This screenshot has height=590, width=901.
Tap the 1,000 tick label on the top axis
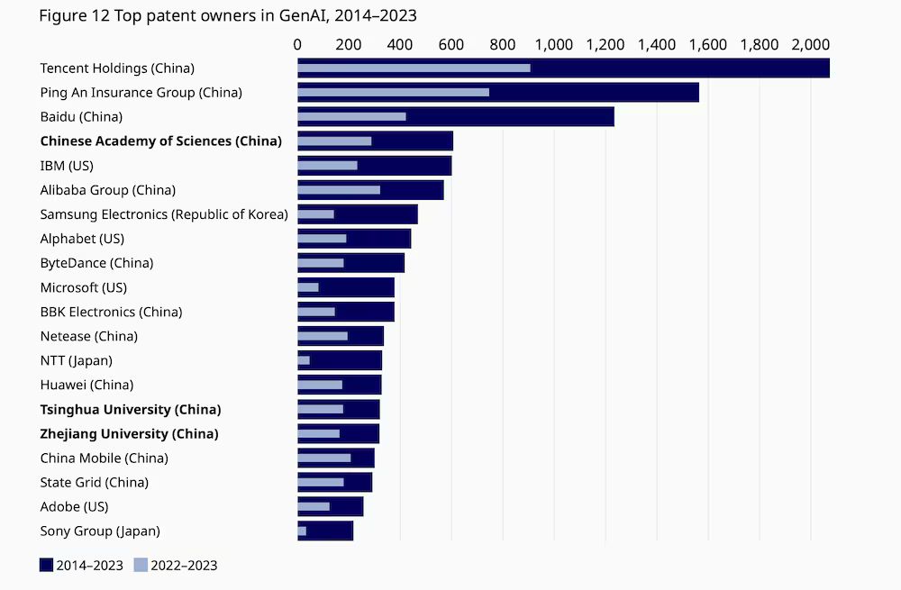pyautogui.click(x=554, y=43)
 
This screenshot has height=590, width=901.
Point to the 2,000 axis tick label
pyautogui.click(x=810, y=43)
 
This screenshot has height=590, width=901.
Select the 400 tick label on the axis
pyautogui.click(x=400, y=43)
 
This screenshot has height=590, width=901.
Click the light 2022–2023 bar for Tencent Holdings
pyautogui.click(x=414, y=68)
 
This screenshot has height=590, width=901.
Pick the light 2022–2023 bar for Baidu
pyautogui.click(x=351, y=116)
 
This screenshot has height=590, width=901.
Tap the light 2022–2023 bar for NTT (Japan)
pyautogui.click(x=304, y=360)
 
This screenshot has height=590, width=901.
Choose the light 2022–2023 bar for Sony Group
pyautogui.click(x=302, y=531)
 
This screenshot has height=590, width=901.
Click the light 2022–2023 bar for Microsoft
pyautogui.click(x=308, y=287)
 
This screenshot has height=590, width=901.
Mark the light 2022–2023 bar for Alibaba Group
pyautogui.click(x=339, y=190)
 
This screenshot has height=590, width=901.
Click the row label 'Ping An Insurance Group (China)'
pyautogui.click(x=141, y=92)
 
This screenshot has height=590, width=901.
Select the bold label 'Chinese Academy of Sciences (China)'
pyautogui.click(x=161, y=141)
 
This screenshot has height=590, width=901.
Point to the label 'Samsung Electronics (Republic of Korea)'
pyautogui.click(x=164, y=214)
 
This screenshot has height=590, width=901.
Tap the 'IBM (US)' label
pyautogui.click(x=67, y=166)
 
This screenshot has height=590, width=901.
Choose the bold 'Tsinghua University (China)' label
pyautogui.click(x=131, y=409)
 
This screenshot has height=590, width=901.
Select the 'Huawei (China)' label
pyautogui.click(x=86, y=385)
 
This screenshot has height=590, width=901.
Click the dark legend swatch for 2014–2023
pyautogui.click(x=47, y=565)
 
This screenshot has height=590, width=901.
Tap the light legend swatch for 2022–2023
pyautogui.click(x=141, y=565)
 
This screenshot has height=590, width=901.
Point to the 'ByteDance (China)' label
pyautogui.click(x=96, y=263)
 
